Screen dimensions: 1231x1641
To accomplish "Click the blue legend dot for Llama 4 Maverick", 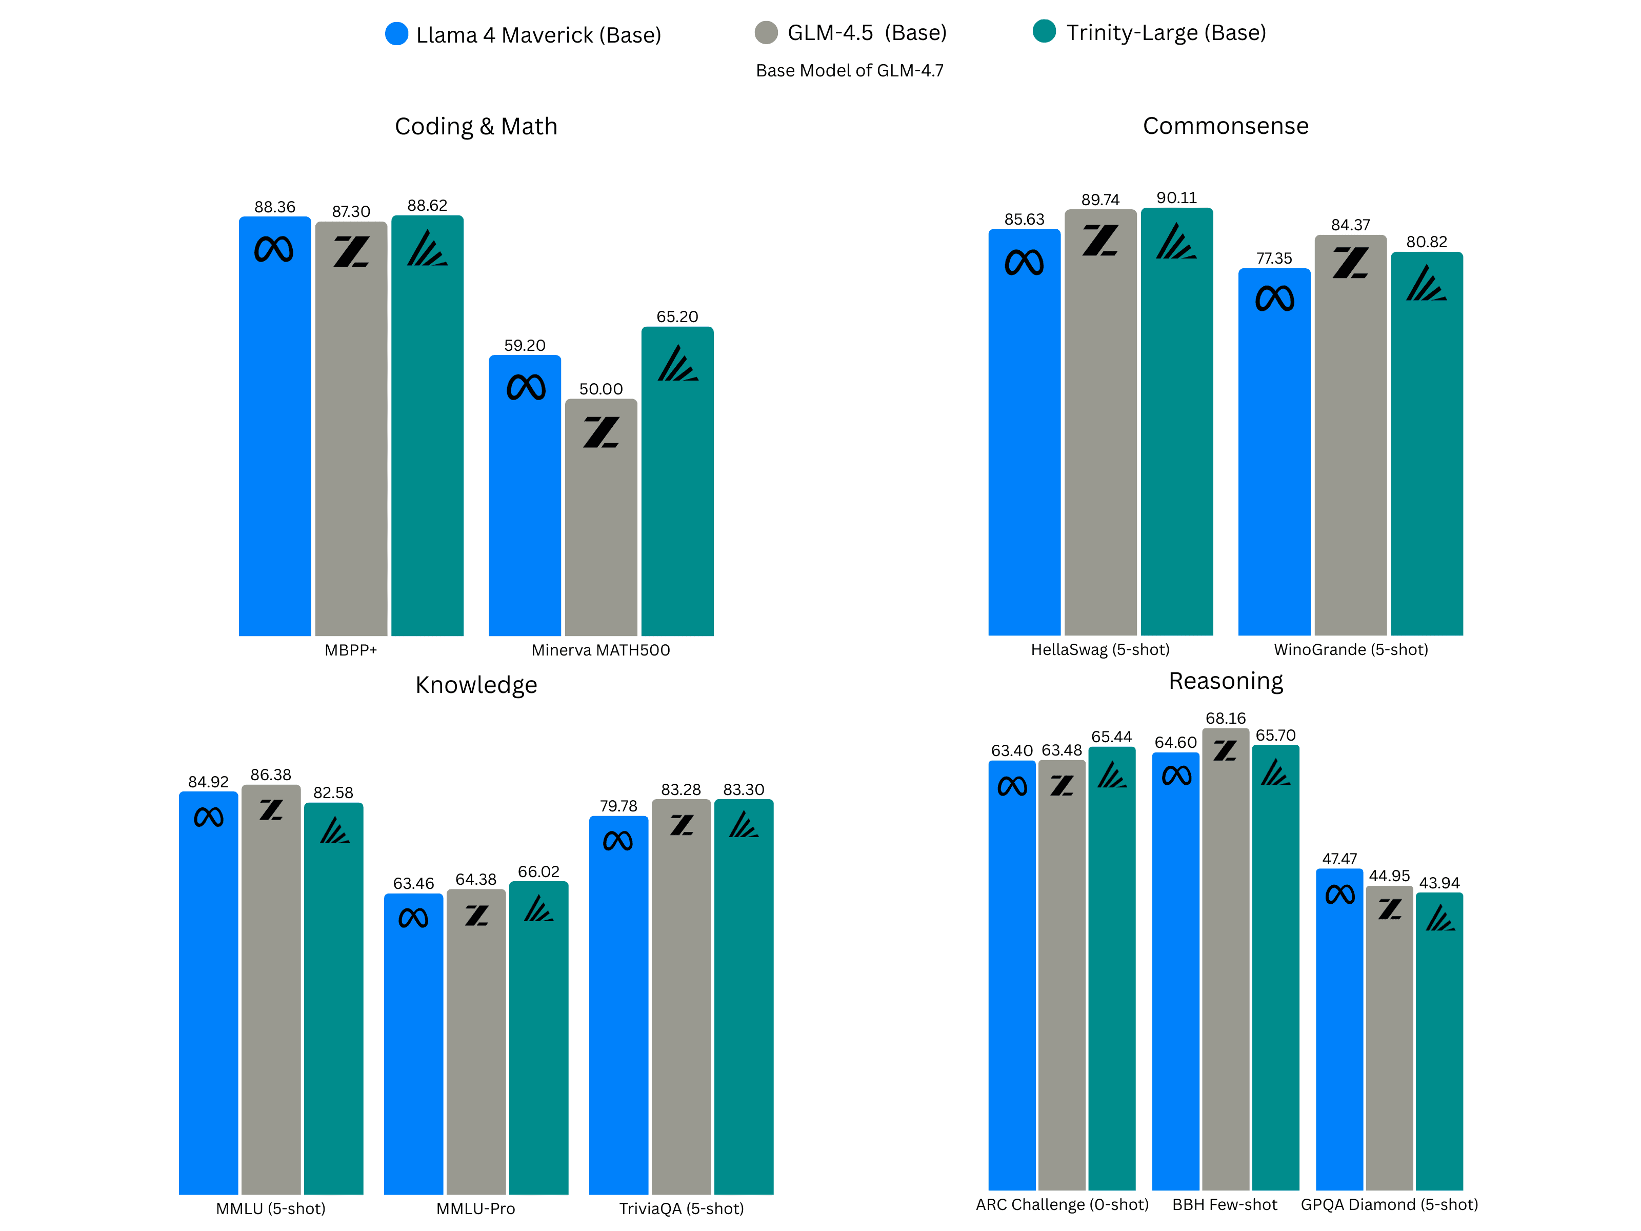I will click(397, 34).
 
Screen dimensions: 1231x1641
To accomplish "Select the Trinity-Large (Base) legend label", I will click(1166, 33).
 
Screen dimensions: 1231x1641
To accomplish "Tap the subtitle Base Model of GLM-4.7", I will click(849, 70).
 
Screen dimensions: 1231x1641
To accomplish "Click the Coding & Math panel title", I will click(475, 126).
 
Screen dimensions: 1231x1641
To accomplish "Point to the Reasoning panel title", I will click(1226, 681).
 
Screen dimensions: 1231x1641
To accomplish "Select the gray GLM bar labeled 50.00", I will click(601, 534).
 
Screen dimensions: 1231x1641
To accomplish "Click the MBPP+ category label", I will click(351, 650).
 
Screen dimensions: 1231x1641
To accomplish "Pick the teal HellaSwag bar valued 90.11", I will click(1176, 445).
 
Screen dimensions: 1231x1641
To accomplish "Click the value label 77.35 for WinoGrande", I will click(1274, 258).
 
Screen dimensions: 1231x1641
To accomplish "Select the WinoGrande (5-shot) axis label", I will click(1350, 649).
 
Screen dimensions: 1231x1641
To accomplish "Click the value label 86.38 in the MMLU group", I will click(271, 775).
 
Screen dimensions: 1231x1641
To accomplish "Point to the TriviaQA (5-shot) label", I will click(681, 1209).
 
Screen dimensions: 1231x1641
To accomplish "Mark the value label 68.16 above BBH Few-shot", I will click(1226, 718).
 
